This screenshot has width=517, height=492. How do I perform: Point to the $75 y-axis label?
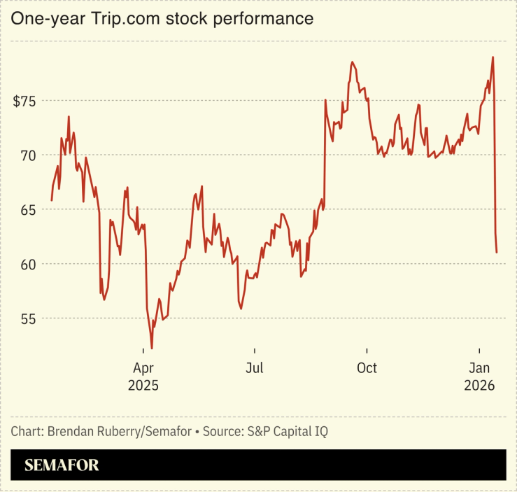click(25, 101)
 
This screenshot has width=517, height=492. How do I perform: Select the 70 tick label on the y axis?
click(29, 155)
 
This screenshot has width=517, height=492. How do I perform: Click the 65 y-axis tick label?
click(29, 210)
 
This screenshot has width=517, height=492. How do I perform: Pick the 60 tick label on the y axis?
click(29, 265)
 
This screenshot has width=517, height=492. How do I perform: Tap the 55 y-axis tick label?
click(29, 319)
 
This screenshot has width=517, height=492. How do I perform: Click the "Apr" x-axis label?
click(143, 368)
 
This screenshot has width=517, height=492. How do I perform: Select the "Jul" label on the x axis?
click(255, 368)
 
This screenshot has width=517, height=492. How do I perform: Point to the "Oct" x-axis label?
click(366, 368)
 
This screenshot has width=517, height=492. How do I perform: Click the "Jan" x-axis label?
click(479, 368)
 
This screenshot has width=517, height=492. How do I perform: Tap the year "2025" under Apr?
click(143, 386)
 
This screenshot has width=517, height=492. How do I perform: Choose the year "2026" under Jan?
click(479, 386)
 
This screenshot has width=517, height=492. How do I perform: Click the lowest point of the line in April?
click(152, 348)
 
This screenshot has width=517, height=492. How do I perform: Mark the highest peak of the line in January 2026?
click(493, 57)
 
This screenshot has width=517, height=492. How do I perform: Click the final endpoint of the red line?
click(497, 252)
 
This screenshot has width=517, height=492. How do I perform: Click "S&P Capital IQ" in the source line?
click(288, 432)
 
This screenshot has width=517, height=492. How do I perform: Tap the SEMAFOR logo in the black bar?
click(62, 465)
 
